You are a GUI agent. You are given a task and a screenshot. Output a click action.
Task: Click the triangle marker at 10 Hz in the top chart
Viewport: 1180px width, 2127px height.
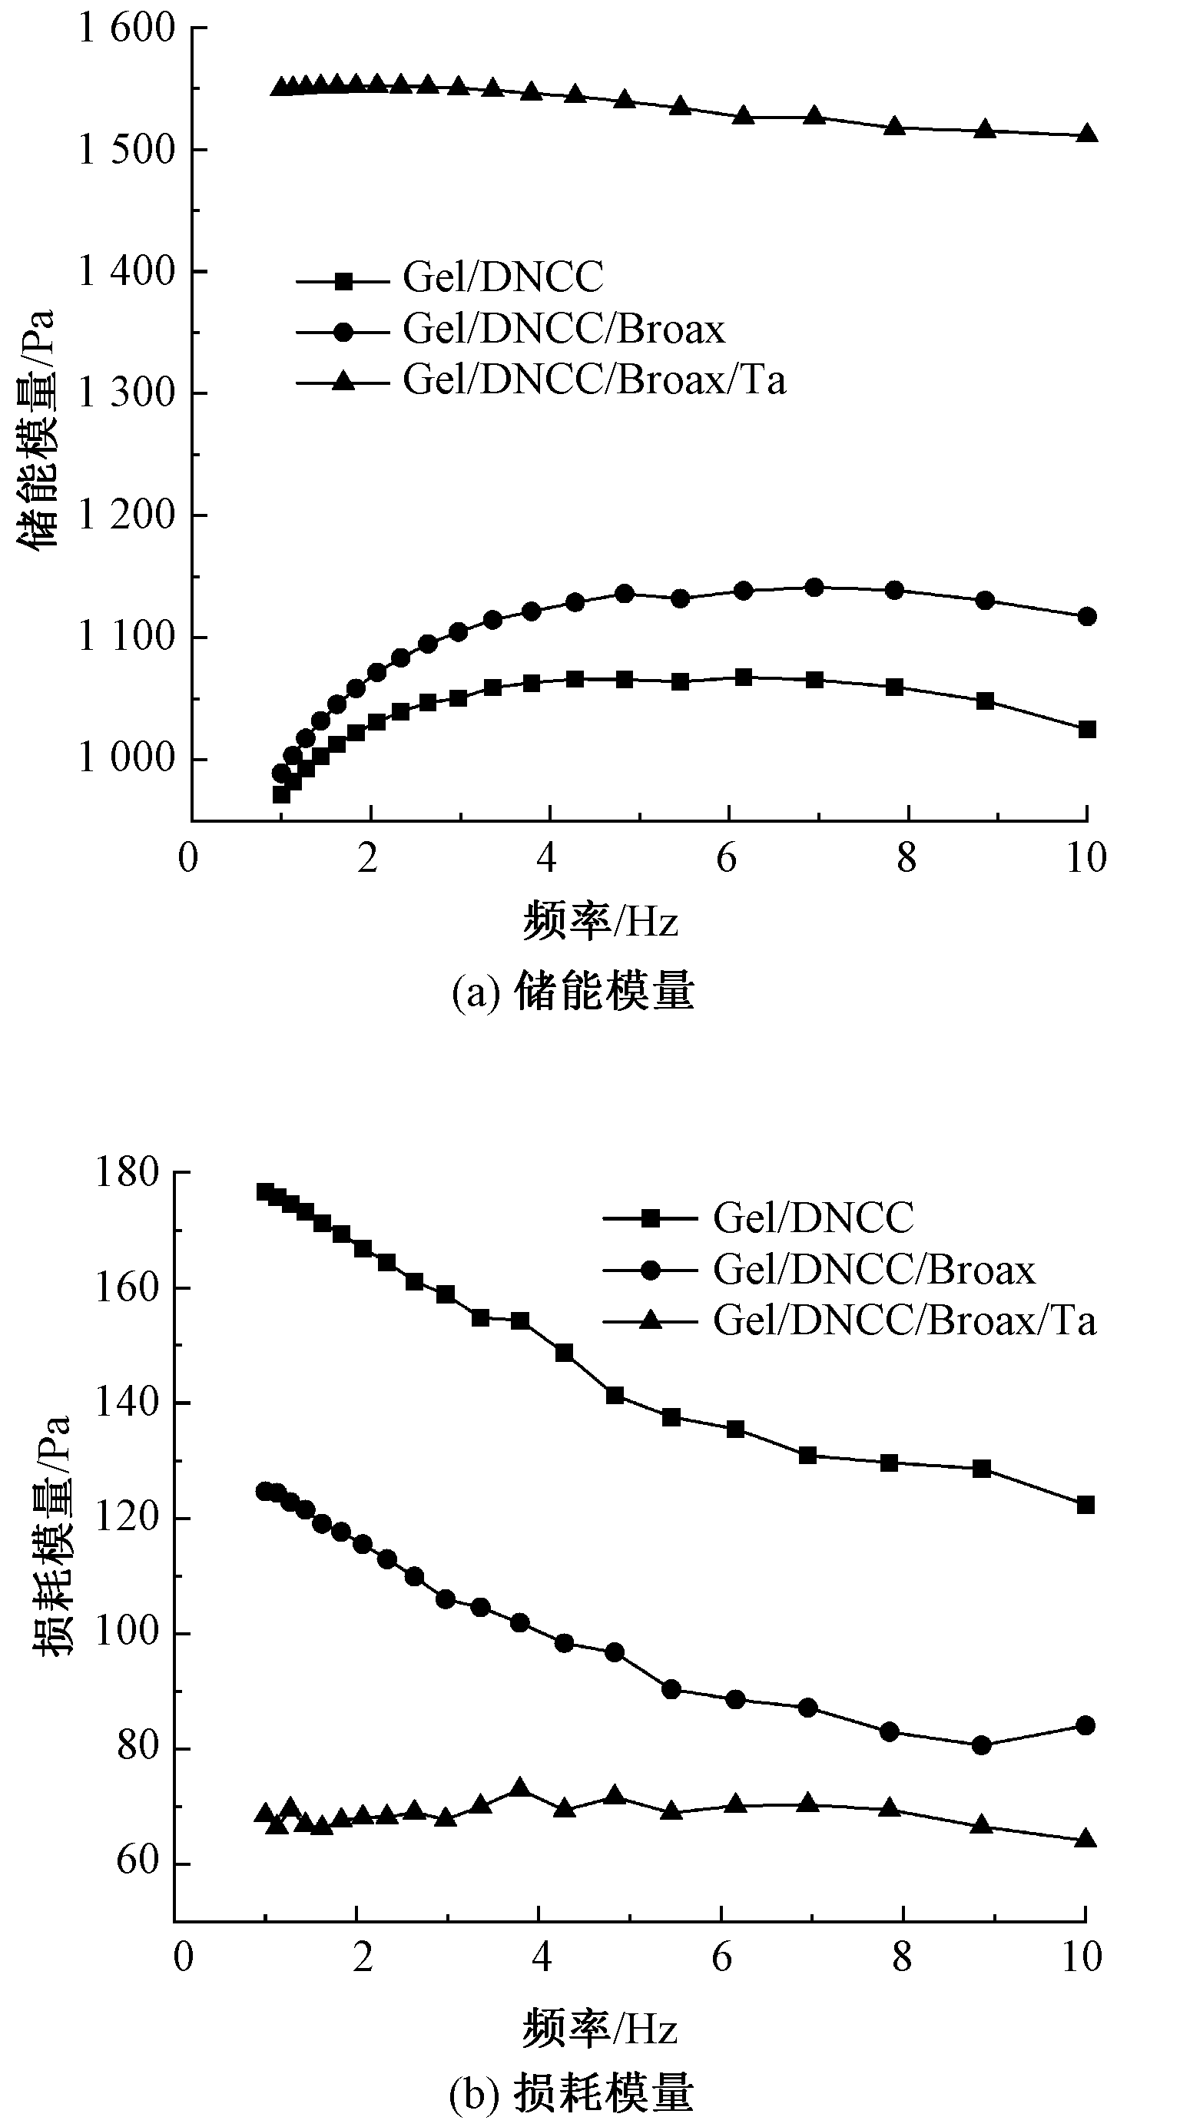(1088, 134)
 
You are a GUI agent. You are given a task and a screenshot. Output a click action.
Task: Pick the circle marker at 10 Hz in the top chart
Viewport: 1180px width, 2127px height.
(1087, 617)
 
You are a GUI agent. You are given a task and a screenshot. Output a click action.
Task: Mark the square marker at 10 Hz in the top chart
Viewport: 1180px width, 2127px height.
(1087, 730)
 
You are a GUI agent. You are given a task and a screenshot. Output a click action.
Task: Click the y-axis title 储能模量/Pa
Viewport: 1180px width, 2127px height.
(37, 429)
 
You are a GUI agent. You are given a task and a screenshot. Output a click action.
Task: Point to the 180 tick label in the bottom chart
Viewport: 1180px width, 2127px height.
(126, 1173)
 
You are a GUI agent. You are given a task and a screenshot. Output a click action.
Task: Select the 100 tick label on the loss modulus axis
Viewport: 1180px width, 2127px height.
(126, 1632)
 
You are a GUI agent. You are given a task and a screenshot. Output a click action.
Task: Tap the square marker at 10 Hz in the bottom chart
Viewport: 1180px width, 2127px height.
(1085, 1506)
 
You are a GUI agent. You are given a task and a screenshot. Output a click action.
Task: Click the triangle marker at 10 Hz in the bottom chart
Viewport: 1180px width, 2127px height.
(1085, 1839)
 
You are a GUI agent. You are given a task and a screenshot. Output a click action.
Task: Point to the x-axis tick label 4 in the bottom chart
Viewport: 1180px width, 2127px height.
(541, 1958)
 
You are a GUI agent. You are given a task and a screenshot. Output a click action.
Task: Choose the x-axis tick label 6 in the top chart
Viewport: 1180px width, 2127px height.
(726, 860)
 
